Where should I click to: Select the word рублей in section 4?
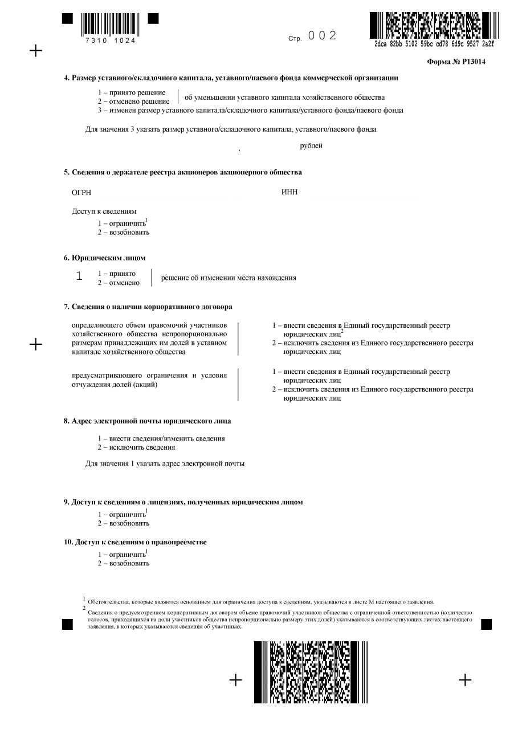click(x=311, y=146)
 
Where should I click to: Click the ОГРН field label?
click(x=81, y=193)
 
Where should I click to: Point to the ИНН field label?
click(x=289, y=193)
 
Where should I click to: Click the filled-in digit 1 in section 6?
click(x=79, y=276)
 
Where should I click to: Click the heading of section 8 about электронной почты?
click(x=147, y=421)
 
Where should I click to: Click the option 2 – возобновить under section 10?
click(x=124, y=563)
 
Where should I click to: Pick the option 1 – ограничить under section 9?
click(x=122, y=514)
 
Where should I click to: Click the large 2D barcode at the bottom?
click(x=311, y=672)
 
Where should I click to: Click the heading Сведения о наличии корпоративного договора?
click(x=148, y=307)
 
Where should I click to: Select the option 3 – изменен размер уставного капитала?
click(x=250, y=111)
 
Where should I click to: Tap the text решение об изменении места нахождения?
click(x=229, y=278)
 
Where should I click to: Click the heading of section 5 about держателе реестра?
click(x=182, y=172)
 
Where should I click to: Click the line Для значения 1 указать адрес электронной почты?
click(x=165, y=463)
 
